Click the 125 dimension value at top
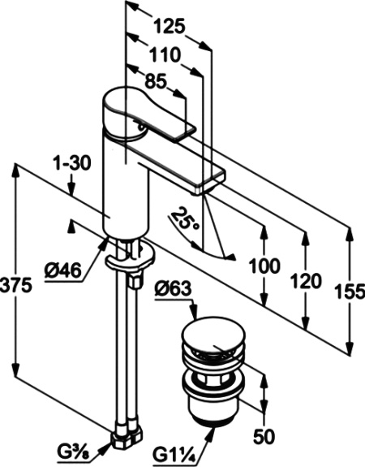point(167,26)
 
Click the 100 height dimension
point(264,266)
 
